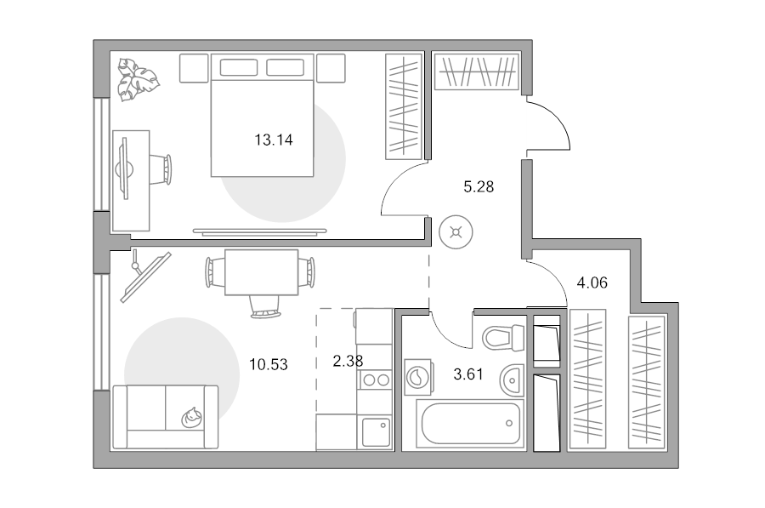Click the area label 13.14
273,140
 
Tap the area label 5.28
479,186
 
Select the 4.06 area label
592,283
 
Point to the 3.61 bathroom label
468,374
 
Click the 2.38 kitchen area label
348,361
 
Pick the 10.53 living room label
269,364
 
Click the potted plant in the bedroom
138,80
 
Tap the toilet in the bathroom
503,337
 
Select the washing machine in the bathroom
418,377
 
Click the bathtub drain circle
509,424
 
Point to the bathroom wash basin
512,380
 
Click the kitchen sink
376,432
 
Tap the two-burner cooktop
375,380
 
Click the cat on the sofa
191,418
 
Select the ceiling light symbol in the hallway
456,232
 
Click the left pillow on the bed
239,67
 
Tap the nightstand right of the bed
331,68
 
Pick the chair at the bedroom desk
161,169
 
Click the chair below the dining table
265,306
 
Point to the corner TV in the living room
145,277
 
